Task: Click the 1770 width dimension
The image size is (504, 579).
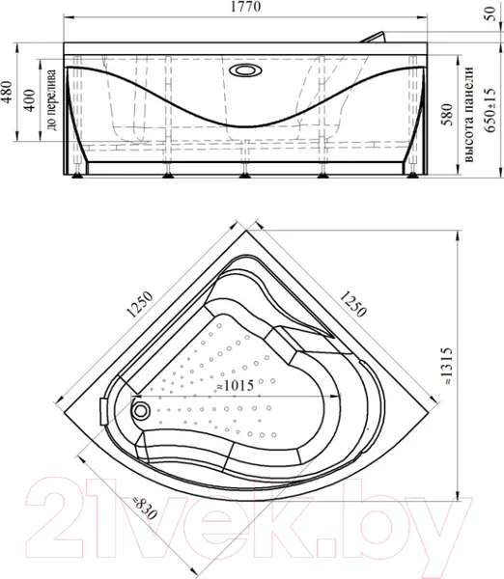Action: pos(245,7)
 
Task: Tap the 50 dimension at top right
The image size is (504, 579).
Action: pos(490,14)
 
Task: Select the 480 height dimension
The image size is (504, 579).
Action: pos(8,92)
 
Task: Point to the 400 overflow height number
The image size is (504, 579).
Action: pos(30,100)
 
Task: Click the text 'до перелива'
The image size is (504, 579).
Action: pos(52,100)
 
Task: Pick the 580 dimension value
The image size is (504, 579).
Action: pos(447,114)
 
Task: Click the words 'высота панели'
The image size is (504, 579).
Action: pos(468,114)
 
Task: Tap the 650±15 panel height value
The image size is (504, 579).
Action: pos(490,110)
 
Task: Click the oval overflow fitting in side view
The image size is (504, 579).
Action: pos(245,69)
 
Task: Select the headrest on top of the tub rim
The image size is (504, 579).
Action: pos(374,37)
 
